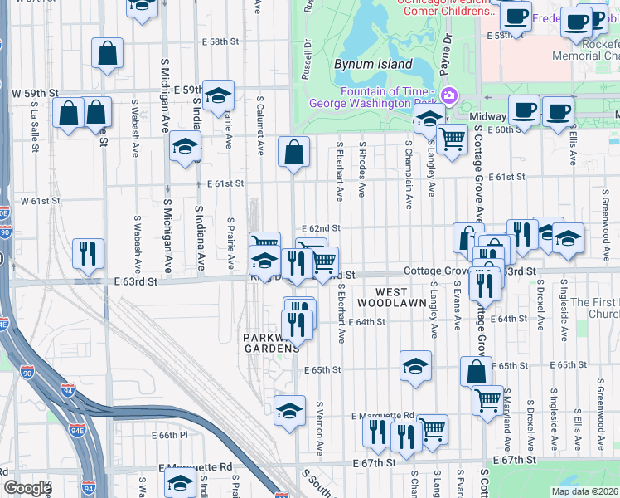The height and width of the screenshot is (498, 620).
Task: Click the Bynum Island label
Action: click(373, 64)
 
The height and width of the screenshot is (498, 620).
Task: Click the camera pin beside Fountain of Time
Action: click(448, 95)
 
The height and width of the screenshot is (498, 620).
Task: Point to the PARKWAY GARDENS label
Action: click(270, 343)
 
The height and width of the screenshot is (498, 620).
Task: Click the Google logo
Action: click(27, 488)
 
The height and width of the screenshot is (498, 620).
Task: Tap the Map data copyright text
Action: click(584, 491)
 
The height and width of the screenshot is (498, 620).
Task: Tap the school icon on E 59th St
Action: click(218, 95)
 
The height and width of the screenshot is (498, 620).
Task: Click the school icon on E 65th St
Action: click(415, 365)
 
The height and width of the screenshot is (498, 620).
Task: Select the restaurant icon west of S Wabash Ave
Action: click(88, 253)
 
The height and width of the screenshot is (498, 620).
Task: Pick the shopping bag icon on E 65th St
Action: click(476, 372)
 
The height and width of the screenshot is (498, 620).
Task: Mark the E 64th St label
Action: click(367, 321)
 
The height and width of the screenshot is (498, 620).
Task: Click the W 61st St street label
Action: click(41, 201)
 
